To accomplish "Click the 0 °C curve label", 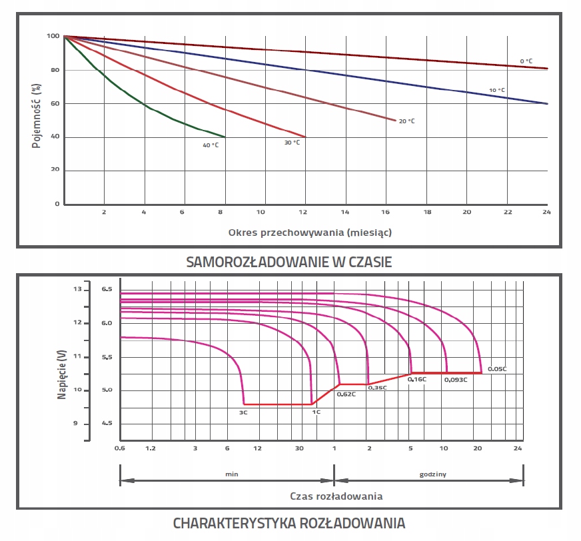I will pos(526,61).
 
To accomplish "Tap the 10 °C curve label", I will pos(497,90).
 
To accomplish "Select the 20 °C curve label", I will pos(406,121).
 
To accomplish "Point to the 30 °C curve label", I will pos(292,142).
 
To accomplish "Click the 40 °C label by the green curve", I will pos(211,145).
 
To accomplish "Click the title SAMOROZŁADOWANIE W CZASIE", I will pos(289,262).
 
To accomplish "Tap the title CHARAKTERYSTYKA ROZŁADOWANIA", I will pos(289,523).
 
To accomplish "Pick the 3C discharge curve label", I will pos(243,412).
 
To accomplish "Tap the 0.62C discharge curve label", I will pos(346,394).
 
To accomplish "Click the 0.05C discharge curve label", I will pos(497,369).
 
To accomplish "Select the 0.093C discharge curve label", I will pos(456,379).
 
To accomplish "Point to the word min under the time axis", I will pos(232,474).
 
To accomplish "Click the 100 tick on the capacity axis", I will pos(53,36).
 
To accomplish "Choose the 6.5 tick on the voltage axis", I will pos(107,290).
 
